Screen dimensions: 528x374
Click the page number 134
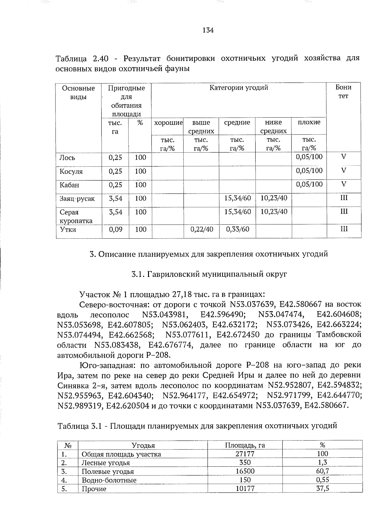(208, 30)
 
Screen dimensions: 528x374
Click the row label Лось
(67, 158)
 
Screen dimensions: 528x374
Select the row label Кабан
(69, 185)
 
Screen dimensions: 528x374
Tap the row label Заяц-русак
(77, 199)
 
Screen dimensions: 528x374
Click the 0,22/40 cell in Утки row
(201, 230)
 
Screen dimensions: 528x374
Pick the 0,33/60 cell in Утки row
(237, 230)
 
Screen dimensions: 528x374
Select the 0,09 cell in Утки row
(115, 230)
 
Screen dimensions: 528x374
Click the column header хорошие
(168, 123)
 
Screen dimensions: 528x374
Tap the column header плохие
(309, 122)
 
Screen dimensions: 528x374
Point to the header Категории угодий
(238, 88)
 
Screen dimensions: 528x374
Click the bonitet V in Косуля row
(343, 171)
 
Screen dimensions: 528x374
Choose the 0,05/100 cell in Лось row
(309, 157)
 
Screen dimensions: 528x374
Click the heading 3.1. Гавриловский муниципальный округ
(209, 274)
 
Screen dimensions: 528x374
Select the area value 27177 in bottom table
(245, 454)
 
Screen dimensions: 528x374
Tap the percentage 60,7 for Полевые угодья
(322, 471)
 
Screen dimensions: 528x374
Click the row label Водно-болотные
(109, 480)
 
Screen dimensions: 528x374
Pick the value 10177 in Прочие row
(245, 489)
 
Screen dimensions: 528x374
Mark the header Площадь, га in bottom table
(245, 445)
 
